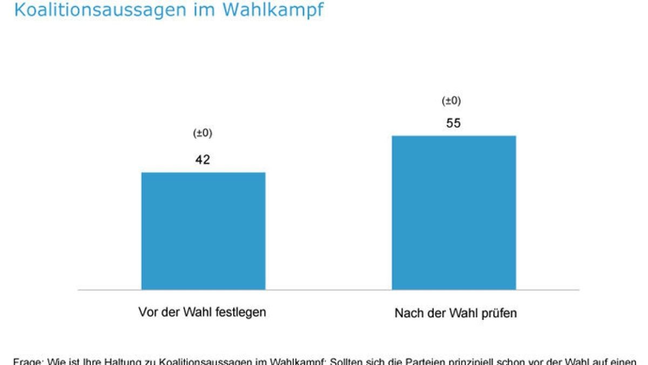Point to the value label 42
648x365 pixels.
tap(202, 160)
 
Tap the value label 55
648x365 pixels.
tap(453, 123)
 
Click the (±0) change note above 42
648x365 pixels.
tap(202, 134)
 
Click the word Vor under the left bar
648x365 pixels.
tap(147, 313)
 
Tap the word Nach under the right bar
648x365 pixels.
tap(407, 314)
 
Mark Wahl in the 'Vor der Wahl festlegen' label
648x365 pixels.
tap(198, 313)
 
